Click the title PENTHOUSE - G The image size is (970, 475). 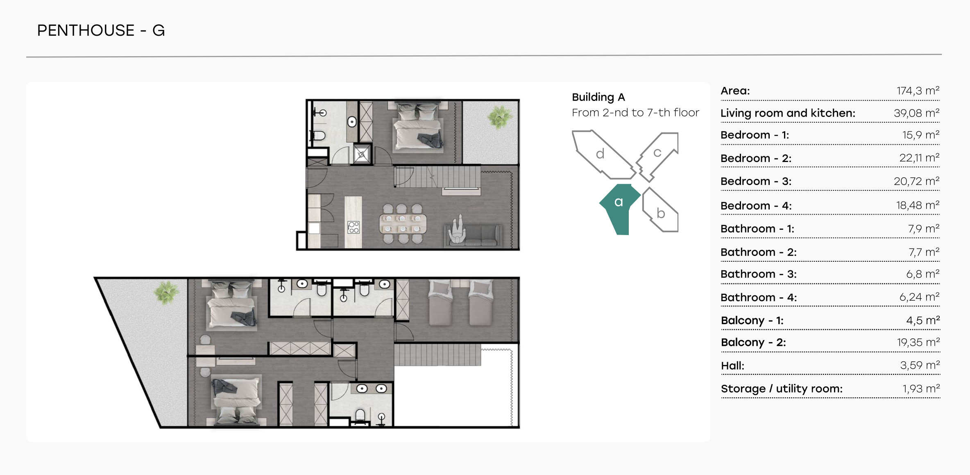tap(101, 30)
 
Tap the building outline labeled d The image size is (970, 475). tap(602, 155)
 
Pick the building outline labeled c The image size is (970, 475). tap(657, 157)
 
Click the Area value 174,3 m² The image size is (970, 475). tap(918, 91)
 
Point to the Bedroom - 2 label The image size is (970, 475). tap(756, 158)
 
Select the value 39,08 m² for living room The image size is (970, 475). tap(916, 113)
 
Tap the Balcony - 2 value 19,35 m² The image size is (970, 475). tap(918, 343)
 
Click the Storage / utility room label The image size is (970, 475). tap(782, 389)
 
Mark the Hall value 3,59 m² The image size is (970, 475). tap(920, 365)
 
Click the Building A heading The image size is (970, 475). tap(598, 97)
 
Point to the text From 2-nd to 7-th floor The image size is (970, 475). tap(635, 113)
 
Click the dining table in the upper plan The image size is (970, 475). tap(403, 224)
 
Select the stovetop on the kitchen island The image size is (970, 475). tap(354, 227)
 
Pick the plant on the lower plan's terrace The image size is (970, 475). tap(166, 292)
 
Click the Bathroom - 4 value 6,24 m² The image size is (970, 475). tap(919, 297)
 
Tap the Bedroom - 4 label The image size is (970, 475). tap(756, 206)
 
